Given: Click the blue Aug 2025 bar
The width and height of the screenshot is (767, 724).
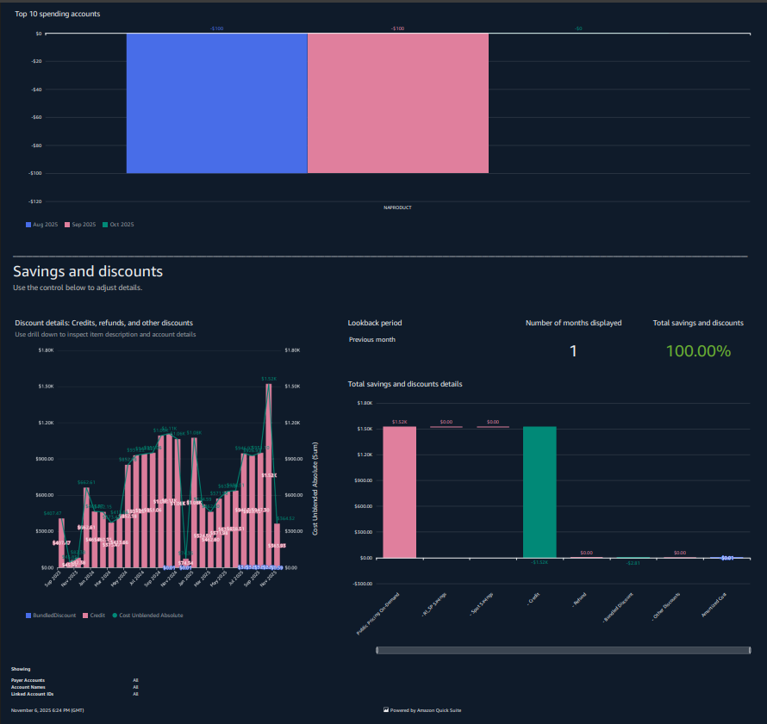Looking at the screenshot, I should tap(216, 103).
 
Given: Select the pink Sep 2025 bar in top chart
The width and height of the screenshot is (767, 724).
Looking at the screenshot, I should tap(397, 103).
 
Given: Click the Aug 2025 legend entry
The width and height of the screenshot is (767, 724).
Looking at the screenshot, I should tap(42, 224).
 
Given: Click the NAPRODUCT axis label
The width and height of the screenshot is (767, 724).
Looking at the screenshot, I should tap(397, 207).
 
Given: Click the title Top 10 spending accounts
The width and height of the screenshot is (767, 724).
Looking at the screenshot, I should tap(57, 15).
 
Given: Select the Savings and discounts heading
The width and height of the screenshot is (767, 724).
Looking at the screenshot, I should tap(88, 271).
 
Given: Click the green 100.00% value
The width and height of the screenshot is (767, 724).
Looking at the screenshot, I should tap(698, 351).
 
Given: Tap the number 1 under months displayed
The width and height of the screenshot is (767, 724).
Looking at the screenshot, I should tap(574, 351).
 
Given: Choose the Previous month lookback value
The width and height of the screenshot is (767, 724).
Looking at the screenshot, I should tap(372, 339).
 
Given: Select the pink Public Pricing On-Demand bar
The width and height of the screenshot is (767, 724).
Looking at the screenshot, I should tap(399, 492).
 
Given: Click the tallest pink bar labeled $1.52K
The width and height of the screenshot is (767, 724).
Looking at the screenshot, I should tap(269, 473).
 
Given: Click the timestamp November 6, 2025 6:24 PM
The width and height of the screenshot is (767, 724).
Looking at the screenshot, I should tap(47, 710).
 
